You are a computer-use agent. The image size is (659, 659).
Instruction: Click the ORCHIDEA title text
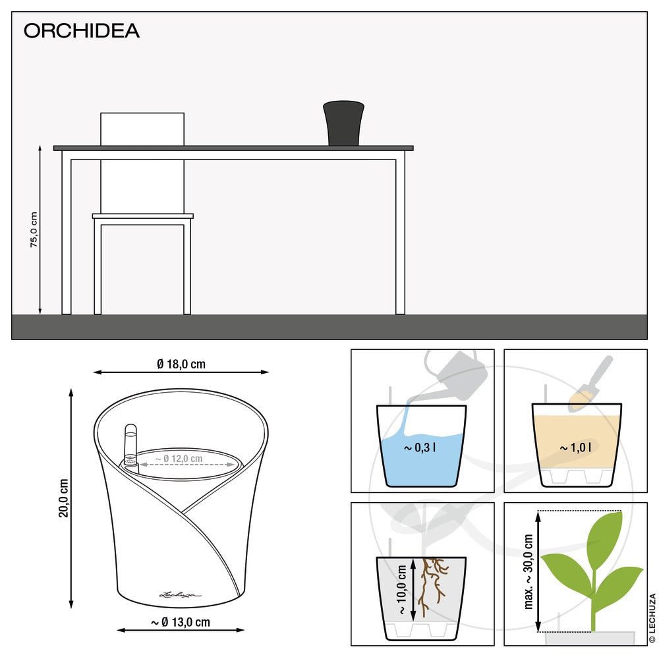[x=81, y=31]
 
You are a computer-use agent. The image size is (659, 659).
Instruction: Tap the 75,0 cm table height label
[x=34, y=230]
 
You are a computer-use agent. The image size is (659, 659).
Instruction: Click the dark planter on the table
[x=343, y=123]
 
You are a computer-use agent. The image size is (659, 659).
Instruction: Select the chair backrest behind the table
[x=142, y=129]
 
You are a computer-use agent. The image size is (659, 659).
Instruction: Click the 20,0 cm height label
[x=63, y=498]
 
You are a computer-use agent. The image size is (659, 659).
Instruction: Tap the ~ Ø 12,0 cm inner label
[x=179, y=458]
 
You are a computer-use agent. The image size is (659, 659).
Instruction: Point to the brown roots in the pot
[x=432, y=583]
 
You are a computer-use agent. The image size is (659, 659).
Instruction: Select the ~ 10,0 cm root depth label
[x=401, y=589]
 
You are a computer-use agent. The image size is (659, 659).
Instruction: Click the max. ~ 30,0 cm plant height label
[x=529, y=571]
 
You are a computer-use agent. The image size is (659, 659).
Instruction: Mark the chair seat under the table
[x=142, y=215]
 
